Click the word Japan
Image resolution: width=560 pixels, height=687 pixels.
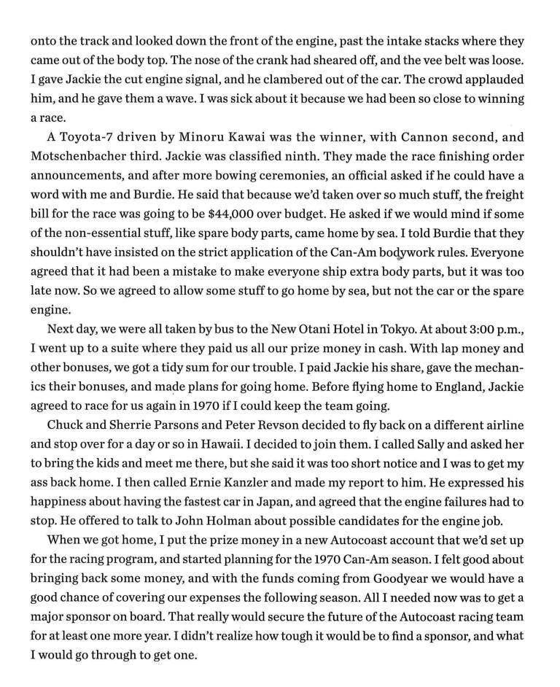click(x=271, y=500)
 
